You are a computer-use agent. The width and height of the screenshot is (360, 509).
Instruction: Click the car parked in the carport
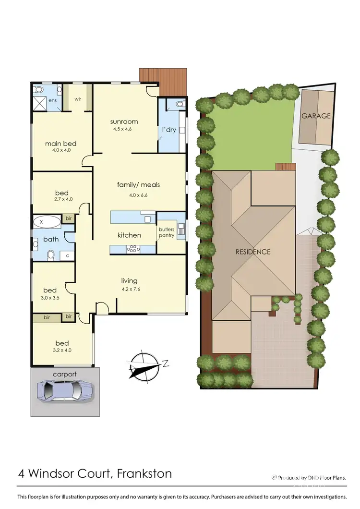pyautogui.click(x=64, y=390)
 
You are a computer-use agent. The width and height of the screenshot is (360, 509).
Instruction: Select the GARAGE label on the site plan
pyautogui.click(x=316, y=116)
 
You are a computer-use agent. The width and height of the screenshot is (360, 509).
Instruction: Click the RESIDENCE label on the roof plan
pyautogui.click(x=253, y=252)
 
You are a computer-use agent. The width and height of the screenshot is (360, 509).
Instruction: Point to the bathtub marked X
pyautogui.click(x=47, y=222)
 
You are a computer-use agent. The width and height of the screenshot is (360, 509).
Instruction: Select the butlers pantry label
pyautogui.click(x=167, y=232)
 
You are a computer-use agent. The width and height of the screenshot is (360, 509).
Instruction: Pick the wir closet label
pyautogui.click(x=78, y=99)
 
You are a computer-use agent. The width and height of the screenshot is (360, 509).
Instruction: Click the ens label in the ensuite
pyautogui.click(x=52, y=100)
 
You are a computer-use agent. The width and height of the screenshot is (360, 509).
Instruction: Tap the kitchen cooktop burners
pyautogui.click(x=132, y=249)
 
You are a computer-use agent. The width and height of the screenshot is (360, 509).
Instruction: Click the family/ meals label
pyautogui.click(x=138, y=184)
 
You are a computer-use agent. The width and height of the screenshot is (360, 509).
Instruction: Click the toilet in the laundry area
pyautogui.click(x=180, y=103)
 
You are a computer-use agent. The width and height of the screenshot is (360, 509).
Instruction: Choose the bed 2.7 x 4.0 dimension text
pyautogui.click(x=63, y=199)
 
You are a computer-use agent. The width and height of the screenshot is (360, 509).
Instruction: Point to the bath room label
pyautogui.click(x=50, y=239)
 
